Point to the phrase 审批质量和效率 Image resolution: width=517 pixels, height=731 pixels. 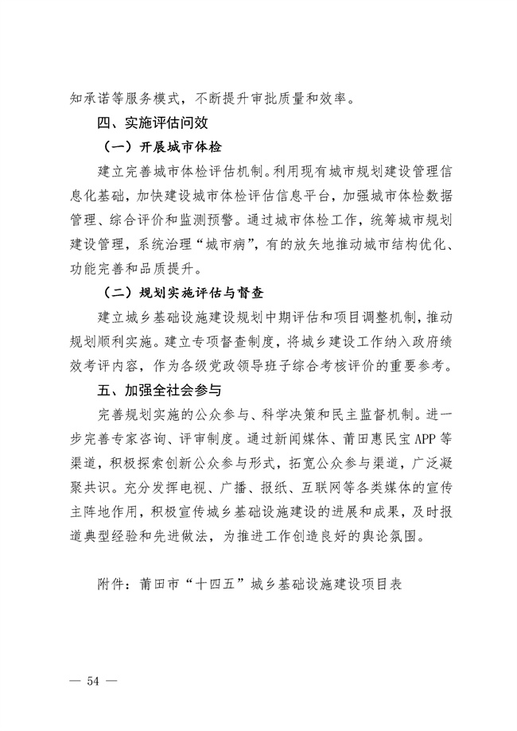pos(302,99)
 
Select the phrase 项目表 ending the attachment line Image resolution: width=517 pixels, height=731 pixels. pos(385,583)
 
